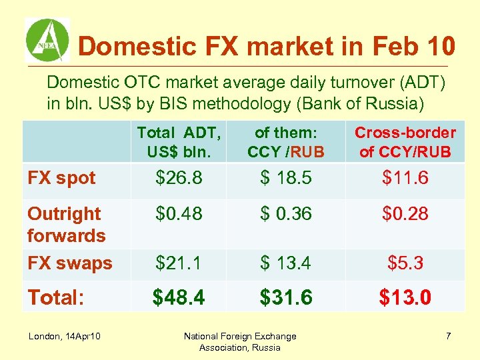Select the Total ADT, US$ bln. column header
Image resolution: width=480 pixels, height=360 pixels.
[177, 142]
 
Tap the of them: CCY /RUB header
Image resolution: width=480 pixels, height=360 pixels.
[285, 142]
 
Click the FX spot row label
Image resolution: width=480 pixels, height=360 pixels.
[61, 178]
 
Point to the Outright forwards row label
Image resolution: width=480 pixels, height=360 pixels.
[66, 225]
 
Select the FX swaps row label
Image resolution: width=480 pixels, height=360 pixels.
[69, 263]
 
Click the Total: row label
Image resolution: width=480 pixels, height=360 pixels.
[56, 297]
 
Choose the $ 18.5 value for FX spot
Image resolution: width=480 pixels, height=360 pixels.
[285, 178]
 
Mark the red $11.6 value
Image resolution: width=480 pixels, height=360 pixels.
[405, 178]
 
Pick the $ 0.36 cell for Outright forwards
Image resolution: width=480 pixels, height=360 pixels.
[285, 214]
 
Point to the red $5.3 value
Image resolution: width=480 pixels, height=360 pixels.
[405, 263]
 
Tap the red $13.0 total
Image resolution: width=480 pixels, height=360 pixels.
[405, 297]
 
